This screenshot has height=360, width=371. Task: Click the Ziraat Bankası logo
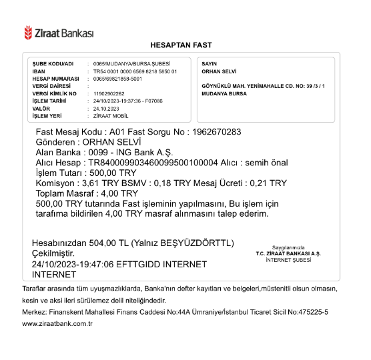[59, 32]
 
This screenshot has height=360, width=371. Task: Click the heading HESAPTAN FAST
[181, 45]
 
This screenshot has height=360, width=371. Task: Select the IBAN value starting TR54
[135, 71]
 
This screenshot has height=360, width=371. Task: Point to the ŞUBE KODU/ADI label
[53, 63]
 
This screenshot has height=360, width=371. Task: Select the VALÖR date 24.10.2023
[105, 108]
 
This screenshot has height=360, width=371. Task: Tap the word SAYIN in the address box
[210, 63]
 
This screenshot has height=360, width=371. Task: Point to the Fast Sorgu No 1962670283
[216, 132]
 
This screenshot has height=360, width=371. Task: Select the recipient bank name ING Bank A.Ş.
[117, 152]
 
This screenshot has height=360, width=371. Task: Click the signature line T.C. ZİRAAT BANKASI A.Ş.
[288, 253]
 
